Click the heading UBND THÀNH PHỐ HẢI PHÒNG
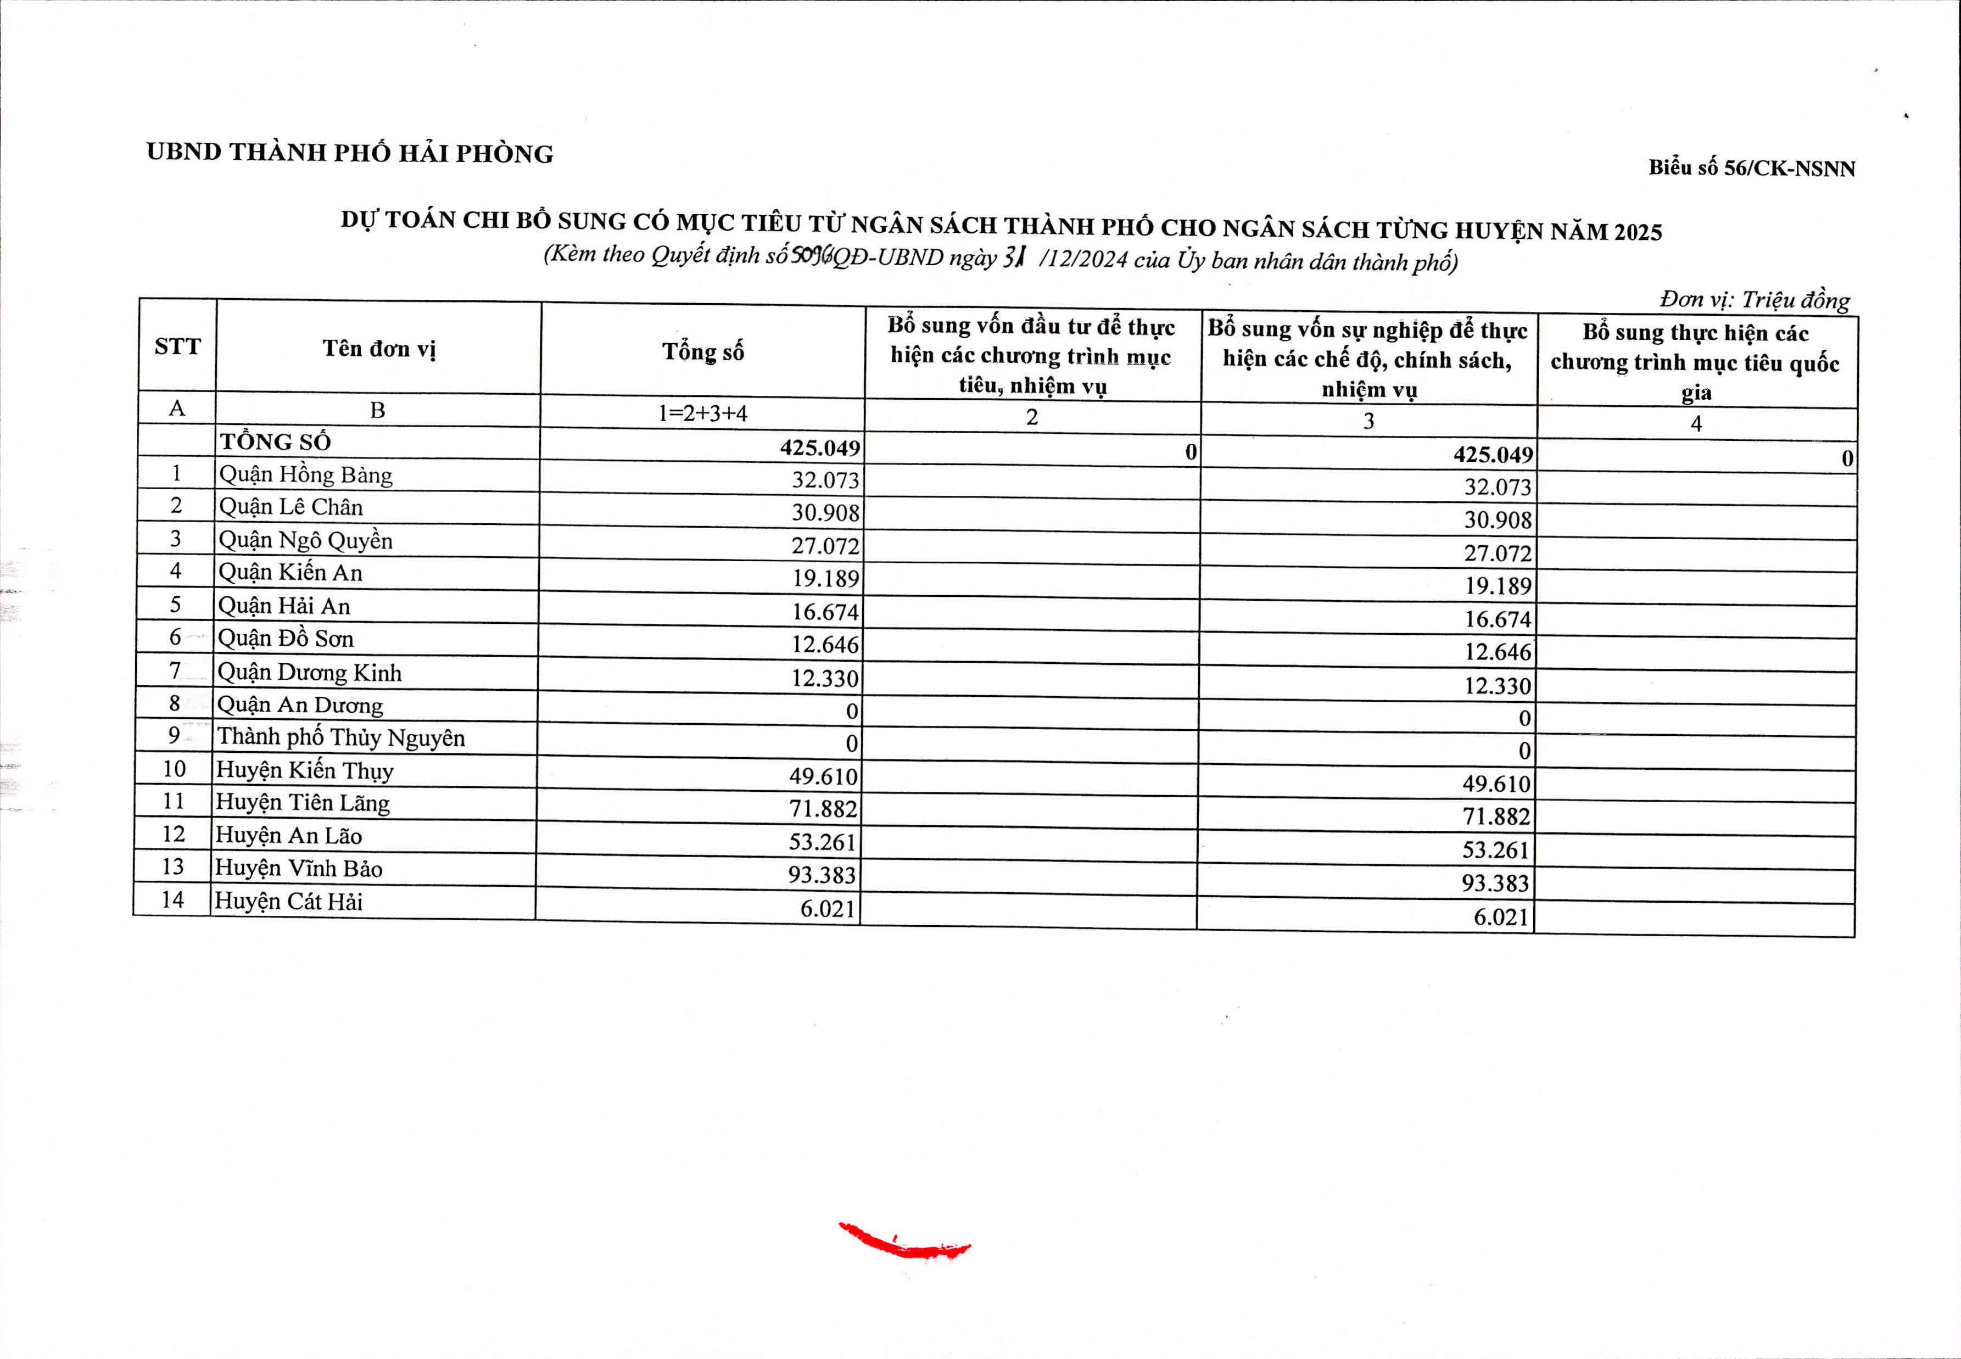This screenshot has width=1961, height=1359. (349, 153)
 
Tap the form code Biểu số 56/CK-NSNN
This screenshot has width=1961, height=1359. (1752, 167)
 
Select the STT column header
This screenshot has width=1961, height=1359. (177, 346)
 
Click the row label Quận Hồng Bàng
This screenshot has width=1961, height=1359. (306, 475)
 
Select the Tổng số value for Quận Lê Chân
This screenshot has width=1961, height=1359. (825, 513)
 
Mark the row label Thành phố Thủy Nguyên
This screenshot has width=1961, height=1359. (340, 737)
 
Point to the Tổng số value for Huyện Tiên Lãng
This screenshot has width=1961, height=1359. (823, 809)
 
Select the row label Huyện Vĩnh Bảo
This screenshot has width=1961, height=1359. (298, 869)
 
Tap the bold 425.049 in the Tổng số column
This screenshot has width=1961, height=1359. (820, 448)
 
